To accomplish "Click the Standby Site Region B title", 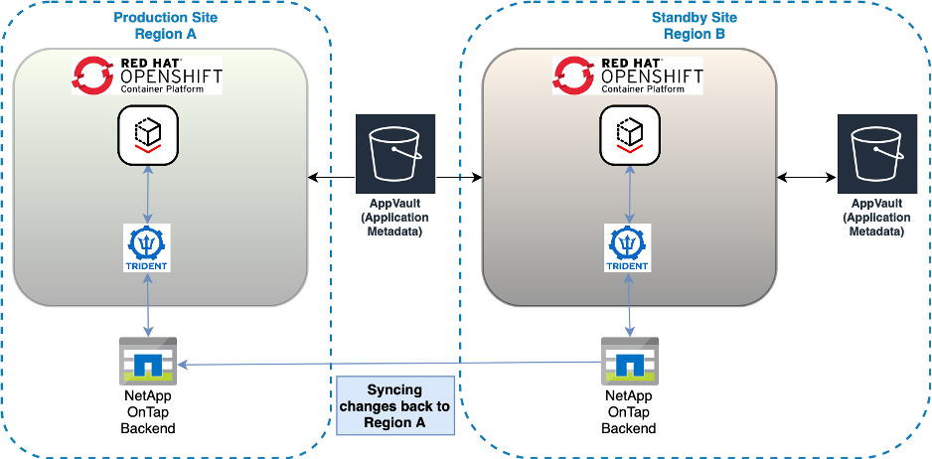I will tap(695, 26).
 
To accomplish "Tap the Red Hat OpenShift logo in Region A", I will tap(147, 76).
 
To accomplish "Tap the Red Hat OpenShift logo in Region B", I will tap(628, 76).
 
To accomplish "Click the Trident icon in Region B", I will tap(628, 247).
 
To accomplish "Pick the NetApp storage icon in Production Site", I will tap(147, 361).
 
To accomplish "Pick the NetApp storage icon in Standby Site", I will tap(628, 361).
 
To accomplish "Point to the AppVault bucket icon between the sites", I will tap(395, 153).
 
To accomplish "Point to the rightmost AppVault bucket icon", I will tap(876, 153).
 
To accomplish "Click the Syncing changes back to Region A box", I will tap(394, 405).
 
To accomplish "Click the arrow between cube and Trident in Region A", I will tap(148, 194).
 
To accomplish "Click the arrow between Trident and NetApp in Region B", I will tap(628, 306).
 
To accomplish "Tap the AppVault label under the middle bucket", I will tap(395, 218).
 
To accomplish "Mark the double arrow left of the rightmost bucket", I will tap(805, 178).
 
